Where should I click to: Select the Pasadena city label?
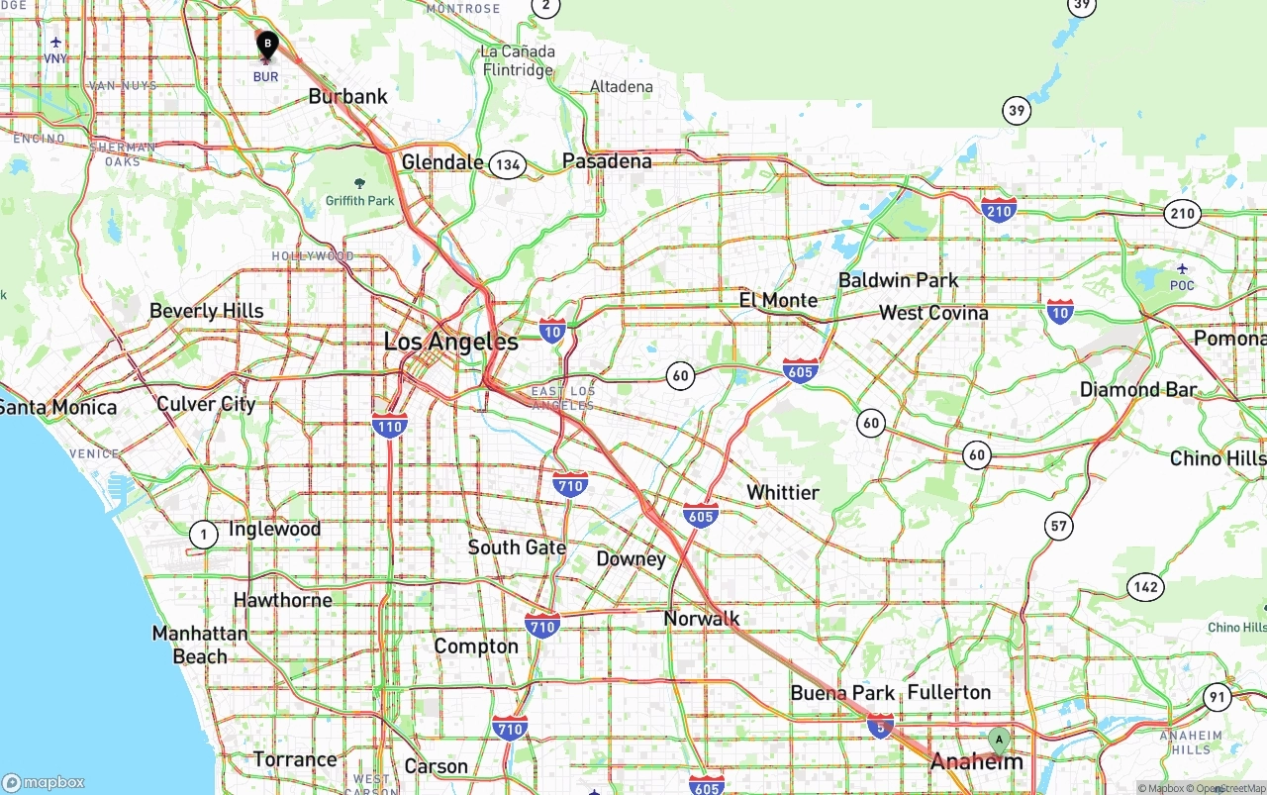(607, 160)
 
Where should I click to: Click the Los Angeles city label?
(450, 342)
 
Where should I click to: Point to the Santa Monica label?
(57, 407)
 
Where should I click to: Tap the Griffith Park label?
(359, 200)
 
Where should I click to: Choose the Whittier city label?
(783, 492)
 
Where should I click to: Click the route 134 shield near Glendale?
(507, 164)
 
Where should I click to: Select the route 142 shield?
(1145, 587)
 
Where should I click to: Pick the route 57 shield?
(1059, 525)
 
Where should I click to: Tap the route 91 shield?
(1217, 697)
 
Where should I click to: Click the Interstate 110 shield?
(390, 427)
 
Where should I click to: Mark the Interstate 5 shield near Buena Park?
(880, 726)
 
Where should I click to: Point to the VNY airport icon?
(55, 43)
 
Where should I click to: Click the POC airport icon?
(1182, 268)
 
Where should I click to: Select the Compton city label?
(476, 646)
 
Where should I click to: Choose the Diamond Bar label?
(1137, 389)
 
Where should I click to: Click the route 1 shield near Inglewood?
(203, 535)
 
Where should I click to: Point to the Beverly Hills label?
(206, 311)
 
